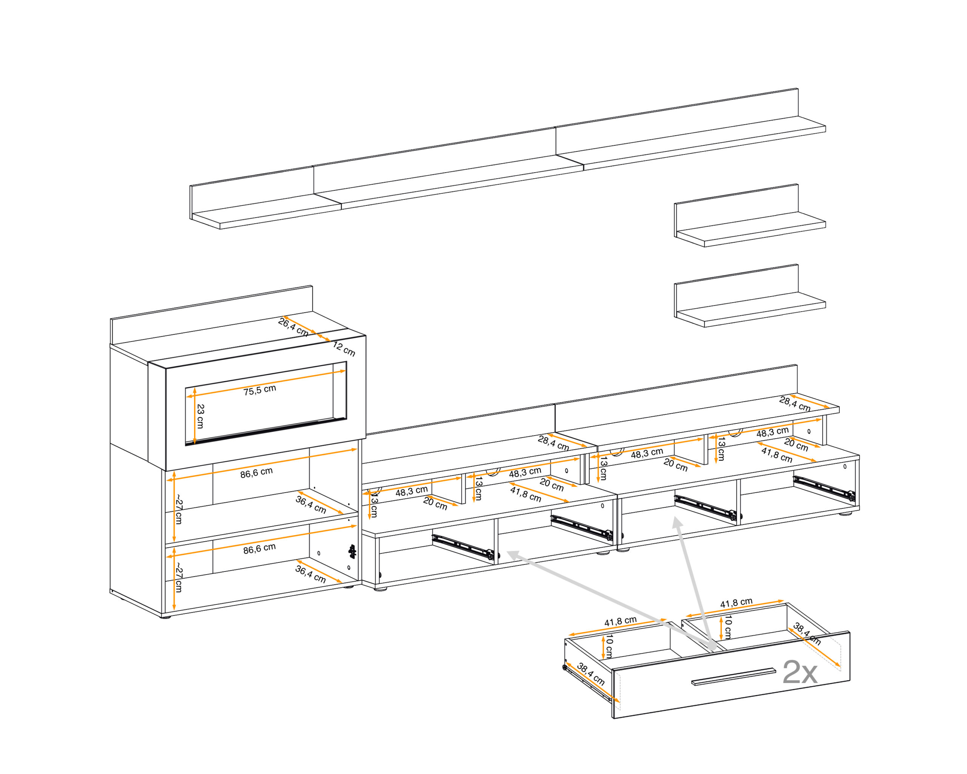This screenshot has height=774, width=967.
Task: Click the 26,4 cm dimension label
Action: tap(293, 327)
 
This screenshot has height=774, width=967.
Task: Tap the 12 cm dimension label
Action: tap(344, 349)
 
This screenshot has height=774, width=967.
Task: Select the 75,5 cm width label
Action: tap(260, 390)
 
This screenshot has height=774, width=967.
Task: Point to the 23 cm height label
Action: tap(201, 416)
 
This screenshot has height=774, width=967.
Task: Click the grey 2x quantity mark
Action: tap(800, 673)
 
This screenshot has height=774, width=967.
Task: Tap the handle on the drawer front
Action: tap(733, 677)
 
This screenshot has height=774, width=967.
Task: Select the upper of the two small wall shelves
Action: tap(749, 216)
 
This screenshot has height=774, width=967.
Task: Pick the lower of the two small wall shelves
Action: tap(749, 296)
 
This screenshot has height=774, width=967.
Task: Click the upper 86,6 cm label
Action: tap(256, 473)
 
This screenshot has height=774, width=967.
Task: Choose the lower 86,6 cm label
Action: tap(259, 548)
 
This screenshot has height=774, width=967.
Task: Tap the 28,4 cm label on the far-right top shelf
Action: tap(795, 403)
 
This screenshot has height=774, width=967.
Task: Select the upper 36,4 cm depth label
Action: tap(310, 505)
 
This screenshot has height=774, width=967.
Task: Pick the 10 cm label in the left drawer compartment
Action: tap(609, 647)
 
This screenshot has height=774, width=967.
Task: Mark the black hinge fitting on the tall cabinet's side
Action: tap(352, 552)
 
